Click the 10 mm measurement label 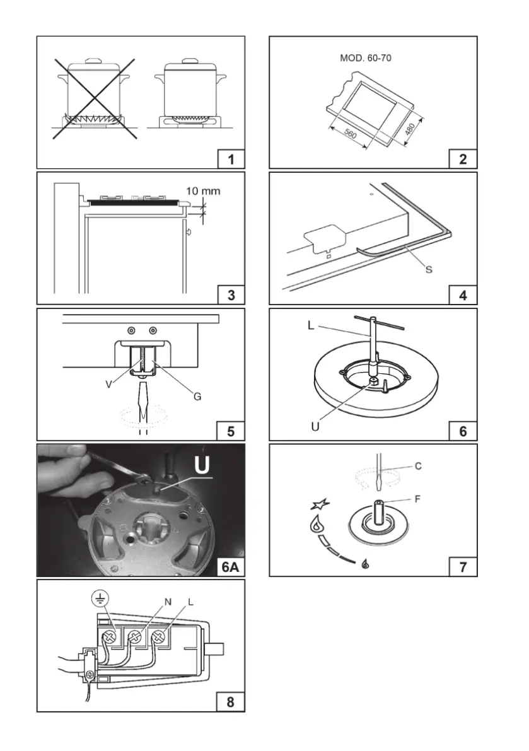pyautogui.click(x=204, y=190)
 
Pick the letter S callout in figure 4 pyautogui.click(x=428, y=269)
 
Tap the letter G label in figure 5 pyautogui.click(x=197, y=397)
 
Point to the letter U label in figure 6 pyautogui.click(x=315, y=426)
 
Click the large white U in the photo pyautogui.click(x=200, y=465)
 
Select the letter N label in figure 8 pyautogui.click(x=168, y=602)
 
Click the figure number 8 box pyautogui.click(x=231, y=701)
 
